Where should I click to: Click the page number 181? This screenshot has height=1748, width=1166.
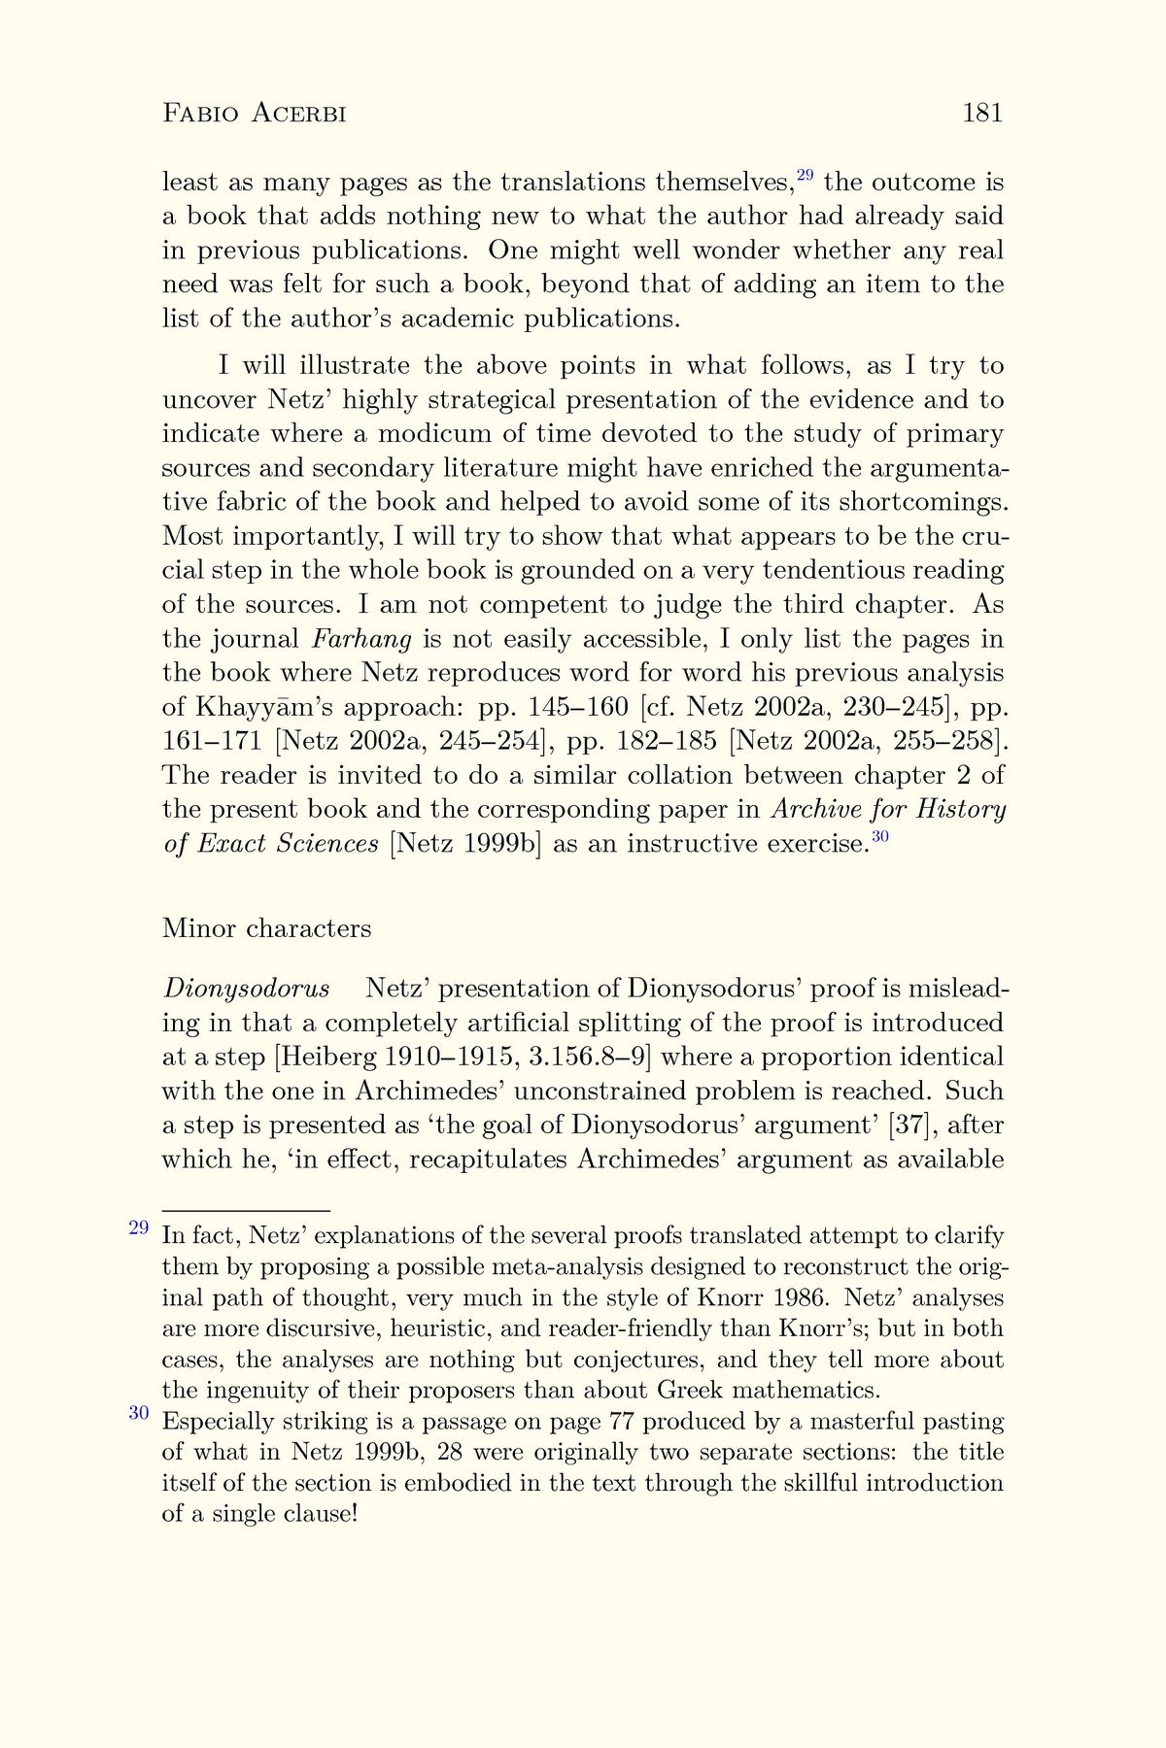981,114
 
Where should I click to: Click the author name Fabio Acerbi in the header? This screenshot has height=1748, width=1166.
255,114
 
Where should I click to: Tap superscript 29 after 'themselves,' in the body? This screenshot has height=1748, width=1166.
805,176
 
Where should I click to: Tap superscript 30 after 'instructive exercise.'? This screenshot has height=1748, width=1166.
879,836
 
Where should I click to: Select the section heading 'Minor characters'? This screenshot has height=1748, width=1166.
266,928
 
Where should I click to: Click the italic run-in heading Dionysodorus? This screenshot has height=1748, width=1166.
246,989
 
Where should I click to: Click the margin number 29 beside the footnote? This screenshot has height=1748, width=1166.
139,1227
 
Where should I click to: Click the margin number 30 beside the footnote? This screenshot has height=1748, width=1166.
139,1413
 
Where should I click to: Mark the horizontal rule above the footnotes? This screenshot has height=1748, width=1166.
246,1211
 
